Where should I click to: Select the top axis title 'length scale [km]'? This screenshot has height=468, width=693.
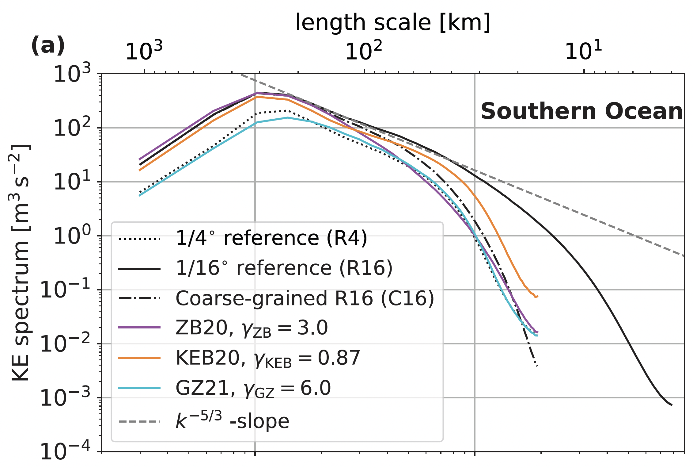click(x=393, y=23)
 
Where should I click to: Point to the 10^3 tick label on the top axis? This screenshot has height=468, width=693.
click(x=144, y=51)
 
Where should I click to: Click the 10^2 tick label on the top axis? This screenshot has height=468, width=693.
click(x=364, y=51)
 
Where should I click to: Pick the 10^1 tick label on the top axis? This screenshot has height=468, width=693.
click(x=583, y=51)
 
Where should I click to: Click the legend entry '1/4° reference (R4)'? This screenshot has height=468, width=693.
click(x=271, y=238)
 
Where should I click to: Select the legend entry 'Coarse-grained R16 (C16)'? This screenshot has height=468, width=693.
click(x=305, y=298)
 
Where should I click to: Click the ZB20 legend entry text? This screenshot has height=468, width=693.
click(x=252, y=328)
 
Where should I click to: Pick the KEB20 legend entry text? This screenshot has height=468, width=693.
click(x=267, y=358)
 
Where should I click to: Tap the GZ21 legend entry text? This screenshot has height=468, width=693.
click(x=253, y=388)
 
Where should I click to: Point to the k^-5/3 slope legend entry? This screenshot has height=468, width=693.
click(x=232, y=421)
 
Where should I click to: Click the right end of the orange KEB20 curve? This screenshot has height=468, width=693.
click(x=537, y=296)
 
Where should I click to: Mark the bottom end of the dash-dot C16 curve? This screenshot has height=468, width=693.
click(x=537, y=366)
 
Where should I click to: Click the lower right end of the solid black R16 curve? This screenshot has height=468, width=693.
click(x=672, y=405)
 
